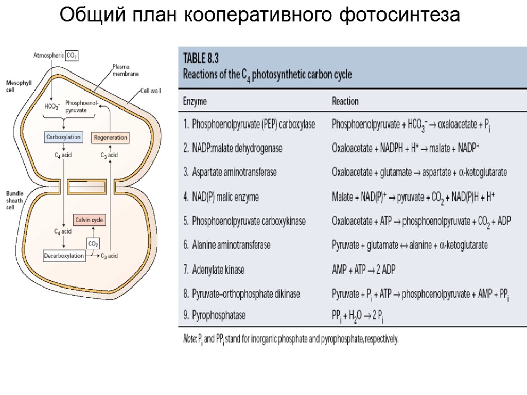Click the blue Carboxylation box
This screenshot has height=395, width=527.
[63, 137]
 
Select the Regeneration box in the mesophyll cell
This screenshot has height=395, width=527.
[110, 138]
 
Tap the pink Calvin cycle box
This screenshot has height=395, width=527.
[90, 220]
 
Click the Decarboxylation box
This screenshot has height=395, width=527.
[64, 256]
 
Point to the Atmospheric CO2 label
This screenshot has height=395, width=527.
[56, 56]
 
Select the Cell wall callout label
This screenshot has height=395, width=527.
[151, 91]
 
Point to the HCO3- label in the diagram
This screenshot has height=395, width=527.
[52, 106]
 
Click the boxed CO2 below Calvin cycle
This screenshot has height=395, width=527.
[93, 243]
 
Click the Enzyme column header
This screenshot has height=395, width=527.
[195, 101]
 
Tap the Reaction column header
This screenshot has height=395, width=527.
[345, 101]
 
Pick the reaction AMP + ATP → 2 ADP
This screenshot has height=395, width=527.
[364, 270]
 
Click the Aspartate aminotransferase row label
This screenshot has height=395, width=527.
[230, 173]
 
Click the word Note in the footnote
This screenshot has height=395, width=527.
[189, 339]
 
